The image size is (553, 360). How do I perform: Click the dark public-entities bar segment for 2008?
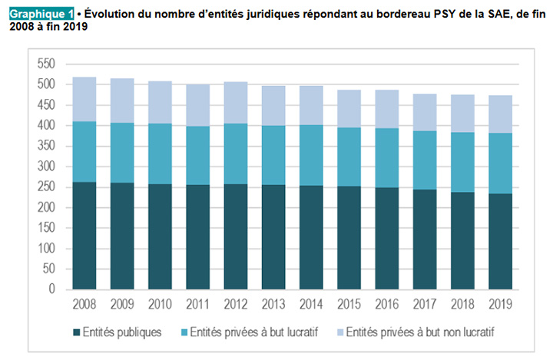(84, 236)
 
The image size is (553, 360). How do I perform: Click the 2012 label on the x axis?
(235, 305)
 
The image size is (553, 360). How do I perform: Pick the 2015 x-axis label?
(348, 305)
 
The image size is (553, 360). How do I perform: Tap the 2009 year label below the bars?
(122, 305)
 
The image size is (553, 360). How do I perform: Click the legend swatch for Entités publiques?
(76, 332)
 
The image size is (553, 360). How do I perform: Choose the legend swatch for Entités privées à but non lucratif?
(338, 332)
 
